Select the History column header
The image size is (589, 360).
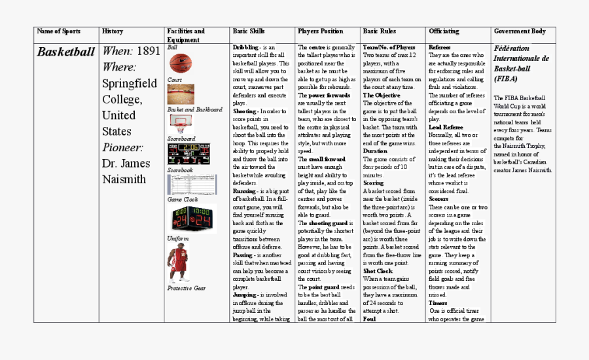click(113, 31)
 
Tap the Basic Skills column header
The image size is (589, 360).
click(249, 31)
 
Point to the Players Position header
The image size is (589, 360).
click(320, 31)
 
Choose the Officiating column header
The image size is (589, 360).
click(444, 31)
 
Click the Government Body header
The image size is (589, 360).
click(520, 31)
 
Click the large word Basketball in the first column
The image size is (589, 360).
click(65, 52)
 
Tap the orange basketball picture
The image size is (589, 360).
click(180, 63)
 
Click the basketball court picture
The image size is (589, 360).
click(181, 94)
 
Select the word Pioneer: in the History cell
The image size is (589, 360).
click(122, 147)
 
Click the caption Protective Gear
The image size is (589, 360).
click(186, 288)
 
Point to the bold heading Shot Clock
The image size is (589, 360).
click(378, 270)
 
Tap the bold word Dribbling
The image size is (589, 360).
click(245, 48)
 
